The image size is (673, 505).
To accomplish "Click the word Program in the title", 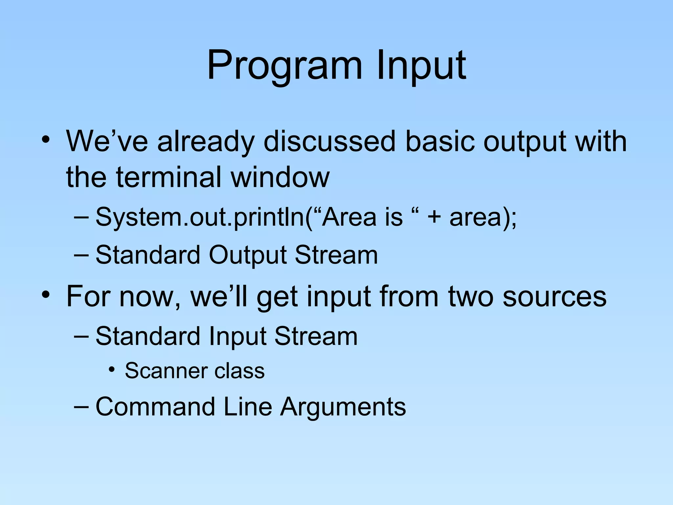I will (285, 66).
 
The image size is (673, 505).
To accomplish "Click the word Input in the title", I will (421, 66).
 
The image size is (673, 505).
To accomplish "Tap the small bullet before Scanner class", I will (112, 370).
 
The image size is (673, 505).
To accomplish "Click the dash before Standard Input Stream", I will (81, 336).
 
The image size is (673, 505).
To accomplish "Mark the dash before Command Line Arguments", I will (81, 407).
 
